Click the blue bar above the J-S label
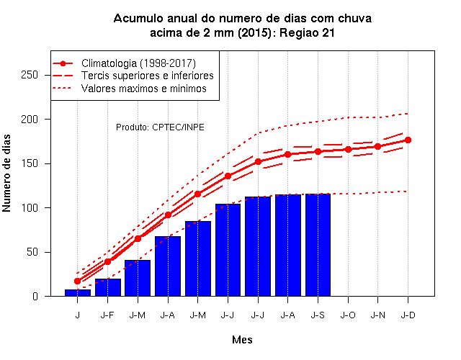tap(318, 245)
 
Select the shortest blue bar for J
tap(78, 293)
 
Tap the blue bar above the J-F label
tap(108, 287)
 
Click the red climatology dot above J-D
tap(408, 140)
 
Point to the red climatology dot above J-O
tap(348, 150)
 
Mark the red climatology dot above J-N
tap(377, 146)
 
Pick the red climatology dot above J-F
tap(108, 261)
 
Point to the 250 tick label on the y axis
tap(30, 75)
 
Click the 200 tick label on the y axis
tap(30, 120)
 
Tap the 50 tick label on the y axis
tap(32, 252)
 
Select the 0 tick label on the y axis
tap(35, 296)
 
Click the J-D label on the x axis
tap(408, 315)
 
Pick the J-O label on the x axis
tap(348, 315)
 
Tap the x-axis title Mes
tap(242, 340)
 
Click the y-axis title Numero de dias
tap(6, 173)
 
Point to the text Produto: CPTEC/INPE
tap(160, 127)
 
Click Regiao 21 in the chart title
tap(307, 32)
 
